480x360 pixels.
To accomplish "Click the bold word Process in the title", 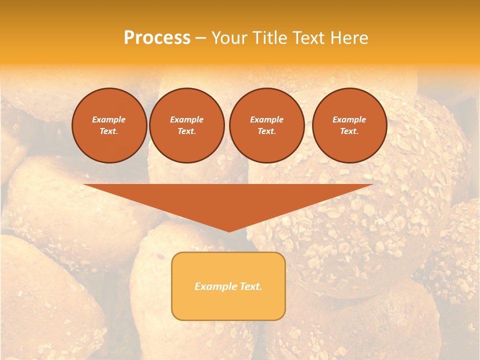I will [157, 38].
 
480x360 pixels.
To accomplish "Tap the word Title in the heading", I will [268, 38].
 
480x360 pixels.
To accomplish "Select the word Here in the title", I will [348, 38].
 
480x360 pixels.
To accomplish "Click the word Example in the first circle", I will [109, 119].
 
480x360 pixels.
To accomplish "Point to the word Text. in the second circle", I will [186, 131].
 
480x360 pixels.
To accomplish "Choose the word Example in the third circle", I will [266, 119].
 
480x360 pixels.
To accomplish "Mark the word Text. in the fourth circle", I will [349, 131].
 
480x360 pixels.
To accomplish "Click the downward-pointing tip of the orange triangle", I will [228, 230].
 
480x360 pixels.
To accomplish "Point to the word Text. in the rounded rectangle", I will [250, 286].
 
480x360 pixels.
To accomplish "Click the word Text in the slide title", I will [308, 38].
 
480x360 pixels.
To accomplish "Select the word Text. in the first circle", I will [109, 131].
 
